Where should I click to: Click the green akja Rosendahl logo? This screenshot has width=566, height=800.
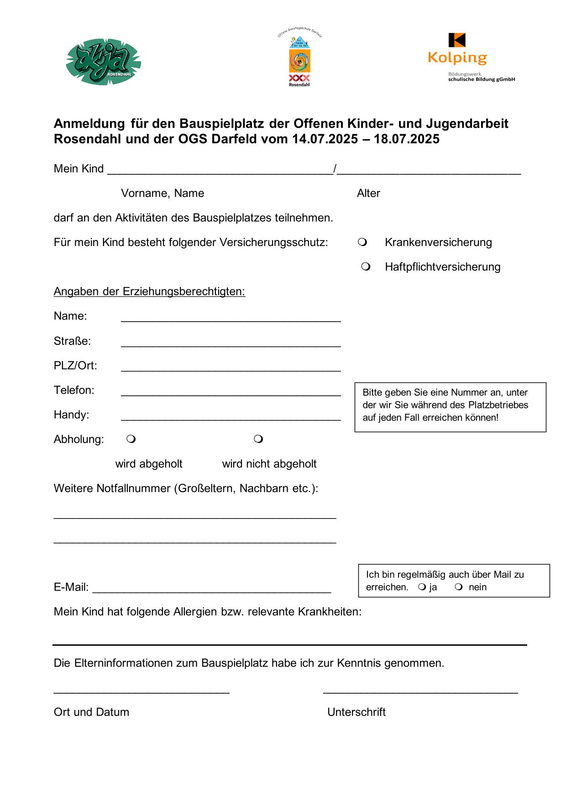pyautogui.click(x=104, y=62)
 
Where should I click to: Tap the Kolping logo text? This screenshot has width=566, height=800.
pyautogui.click(x=457, y=58)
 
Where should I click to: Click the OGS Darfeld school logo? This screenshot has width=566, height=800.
pyautogui.click(x=299, y=59)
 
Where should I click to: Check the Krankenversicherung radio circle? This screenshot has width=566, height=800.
pyautogui.click(x=362, y=242)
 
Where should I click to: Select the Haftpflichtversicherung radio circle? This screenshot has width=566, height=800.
pyautogui.click(x=366, y=267)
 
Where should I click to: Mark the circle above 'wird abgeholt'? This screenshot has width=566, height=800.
pyautogui.click(x=131, y=439)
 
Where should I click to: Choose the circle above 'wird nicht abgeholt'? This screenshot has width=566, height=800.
pyautogui.click(x=258, y=439)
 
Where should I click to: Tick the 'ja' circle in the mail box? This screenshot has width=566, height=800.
pyautogui.click(x=422, y=587)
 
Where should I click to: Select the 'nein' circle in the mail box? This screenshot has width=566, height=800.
pyautogui.click(x=459, y=587)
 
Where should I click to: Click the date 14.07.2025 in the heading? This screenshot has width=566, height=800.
pyautogui.click(x=325, y=139)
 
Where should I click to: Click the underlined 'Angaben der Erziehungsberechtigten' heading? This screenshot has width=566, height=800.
pyautogui.click(x=149, y=292)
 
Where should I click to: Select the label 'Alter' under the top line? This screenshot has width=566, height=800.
pyautogui.click(x=368, y=193)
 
